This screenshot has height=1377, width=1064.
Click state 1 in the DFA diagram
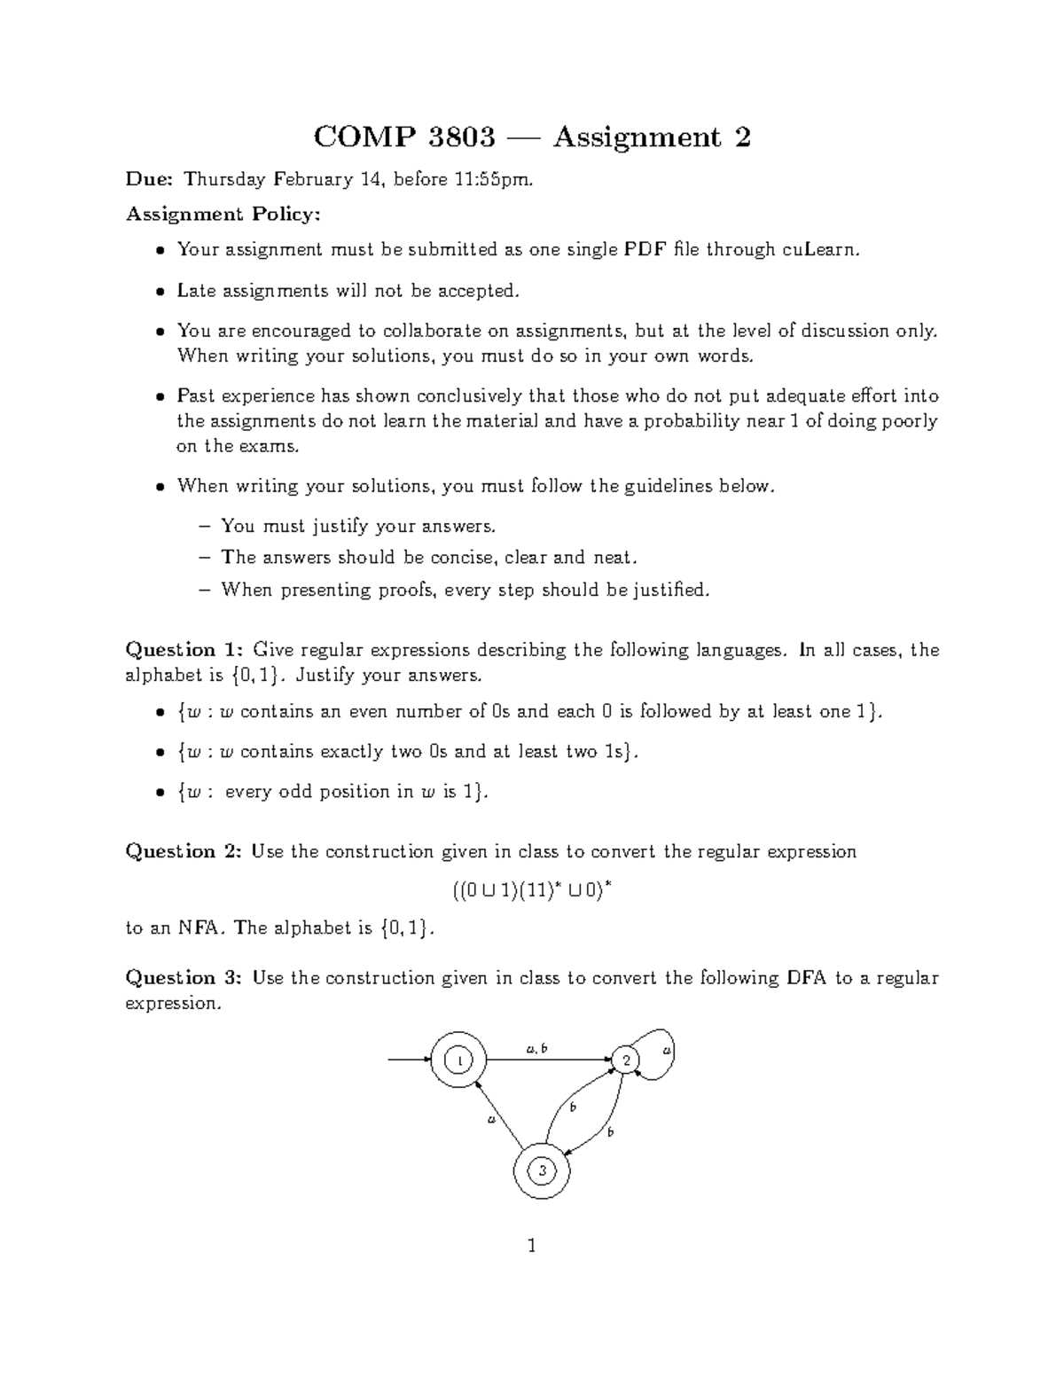[458, 1060]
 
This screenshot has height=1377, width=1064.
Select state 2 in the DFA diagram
[626, 1060]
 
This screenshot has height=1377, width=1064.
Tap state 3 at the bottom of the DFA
[541, 1171]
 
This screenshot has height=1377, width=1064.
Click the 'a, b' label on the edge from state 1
[536, 1049]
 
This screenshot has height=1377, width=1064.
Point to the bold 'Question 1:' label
[184, 650]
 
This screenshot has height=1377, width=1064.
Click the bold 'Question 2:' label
[184, 851]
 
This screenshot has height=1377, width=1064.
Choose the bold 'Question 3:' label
[184, 978]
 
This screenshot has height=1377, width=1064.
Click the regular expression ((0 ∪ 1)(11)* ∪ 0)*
[532, 890]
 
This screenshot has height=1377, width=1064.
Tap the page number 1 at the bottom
[531, 1246]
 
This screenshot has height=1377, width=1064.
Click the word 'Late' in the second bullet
[196, 290]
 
